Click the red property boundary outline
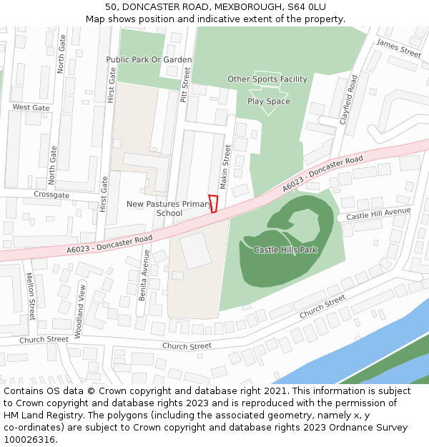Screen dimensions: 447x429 pyautogui.click(x=212, y=204)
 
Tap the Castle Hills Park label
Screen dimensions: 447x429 pyautogui.click(x=285, y=250)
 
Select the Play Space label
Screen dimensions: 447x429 pyautogui.click(x=269, y=102)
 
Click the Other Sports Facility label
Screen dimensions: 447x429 pyautogui.click(x=267, y=79)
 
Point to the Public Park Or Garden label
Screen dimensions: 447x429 pyautogui.click(x=149, y=59)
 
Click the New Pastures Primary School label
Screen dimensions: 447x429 pyautogui.click(x=169, y=208)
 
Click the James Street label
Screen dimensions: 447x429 pyautogui.click(x=399, y=49)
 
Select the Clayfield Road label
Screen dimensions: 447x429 pyautogui.click(x=349, y=101)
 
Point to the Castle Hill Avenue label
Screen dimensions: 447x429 pyautogui.click(x=379, y=214)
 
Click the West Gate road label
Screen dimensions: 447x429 pyautogui.click(x=31, y=107)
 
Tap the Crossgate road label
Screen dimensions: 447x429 pyautogui.click(x=51, y=195)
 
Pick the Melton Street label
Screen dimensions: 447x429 pyautogui.click(x=30, y=295)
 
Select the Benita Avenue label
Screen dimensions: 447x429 pyautogui.click(x=145, y=275)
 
